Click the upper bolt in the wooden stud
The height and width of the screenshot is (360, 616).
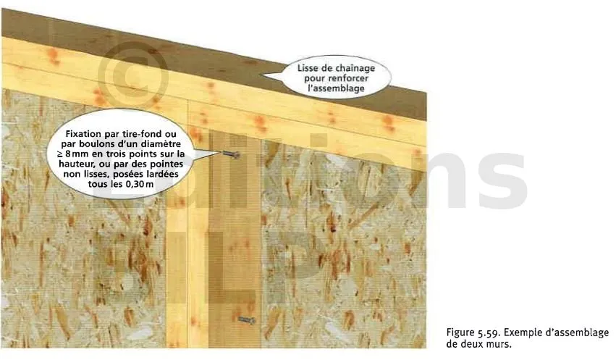[x=232, y=154]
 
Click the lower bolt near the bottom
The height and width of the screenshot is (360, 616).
[x=247, y=320]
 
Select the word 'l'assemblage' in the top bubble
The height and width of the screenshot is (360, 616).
[x=336, y=88]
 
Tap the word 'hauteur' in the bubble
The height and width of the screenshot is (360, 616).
[x=75, y=164]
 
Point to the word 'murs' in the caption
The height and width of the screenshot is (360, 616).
[x=499, y=344]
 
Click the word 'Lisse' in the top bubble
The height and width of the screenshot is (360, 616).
[x=307, y=68]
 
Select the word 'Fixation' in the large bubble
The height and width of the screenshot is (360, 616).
[x=83, y=134]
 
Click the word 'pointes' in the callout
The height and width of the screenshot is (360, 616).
[x=167, y=164]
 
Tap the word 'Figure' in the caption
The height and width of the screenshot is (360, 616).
[x=460, y=333]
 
